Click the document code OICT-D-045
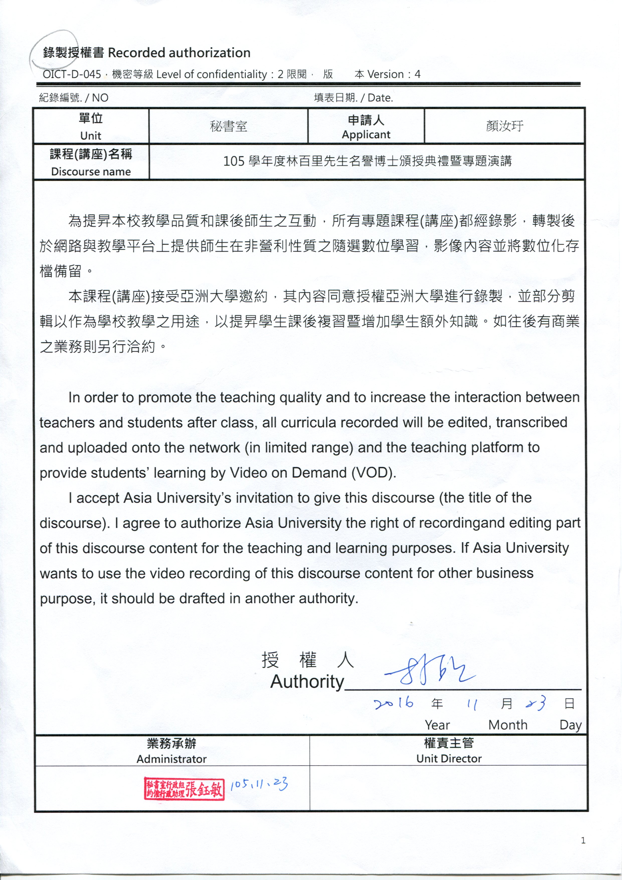[72, 74]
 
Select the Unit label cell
[91, 126]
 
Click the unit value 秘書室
[228, 126]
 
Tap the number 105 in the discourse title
[234, 161]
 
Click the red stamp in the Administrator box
[184, 788]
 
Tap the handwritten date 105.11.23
[259, 784]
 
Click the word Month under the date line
[508, 725]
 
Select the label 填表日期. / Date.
[353, 98]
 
